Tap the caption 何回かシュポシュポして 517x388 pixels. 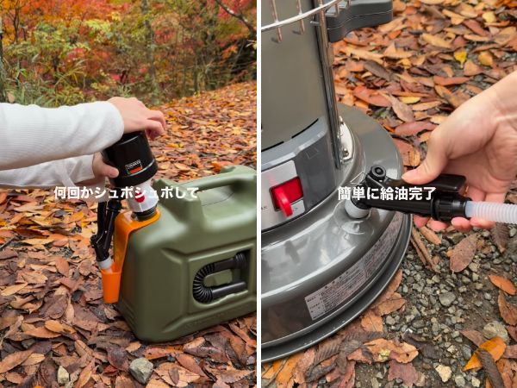coord(126,193)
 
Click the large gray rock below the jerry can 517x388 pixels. coord(140,369)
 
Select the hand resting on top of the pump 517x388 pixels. coord(138,116)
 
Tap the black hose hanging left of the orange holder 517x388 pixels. coord(99,233)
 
